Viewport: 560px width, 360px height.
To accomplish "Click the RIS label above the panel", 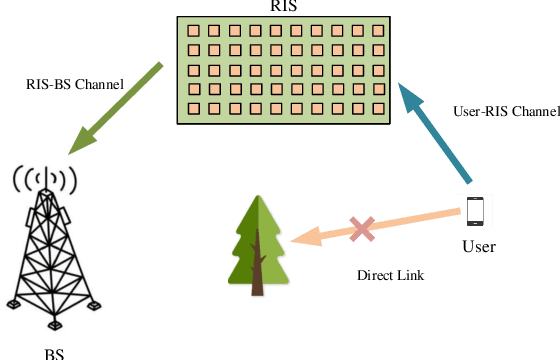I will click(x=283, y=6).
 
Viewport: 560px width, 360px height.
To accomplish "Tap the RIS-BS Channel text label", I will click(x=75, y=85).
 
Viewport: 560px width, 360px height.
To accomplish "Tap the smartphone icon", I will click(x=475, y=212).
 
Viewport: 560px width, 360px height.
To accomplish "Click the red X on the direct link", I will click(x=362, y=229).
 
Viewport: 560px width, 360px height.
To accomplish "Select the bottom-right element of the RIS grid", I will click(x=378, y=107).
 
